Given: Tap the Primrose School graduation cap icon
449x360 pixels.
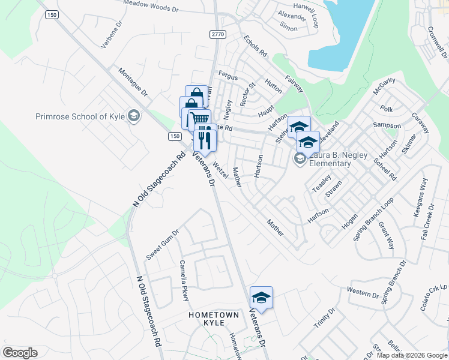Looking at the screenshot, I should click(134, 115).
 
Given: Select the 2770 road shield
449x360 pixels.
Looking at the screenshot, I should click(217, 35).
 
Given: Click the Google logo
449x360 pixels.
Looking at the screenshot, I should click(20, 353).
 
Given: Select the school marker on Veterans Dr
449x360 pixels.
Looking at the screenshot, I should click(261, 298).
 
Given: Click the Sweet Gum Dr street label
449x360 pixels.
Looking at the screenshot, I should click(162, 245).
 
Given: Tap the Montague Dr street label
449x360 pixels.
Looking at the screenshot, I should click(132, 80).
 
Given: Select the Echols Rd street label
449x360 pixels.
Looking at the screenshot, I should click(256, 46).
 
